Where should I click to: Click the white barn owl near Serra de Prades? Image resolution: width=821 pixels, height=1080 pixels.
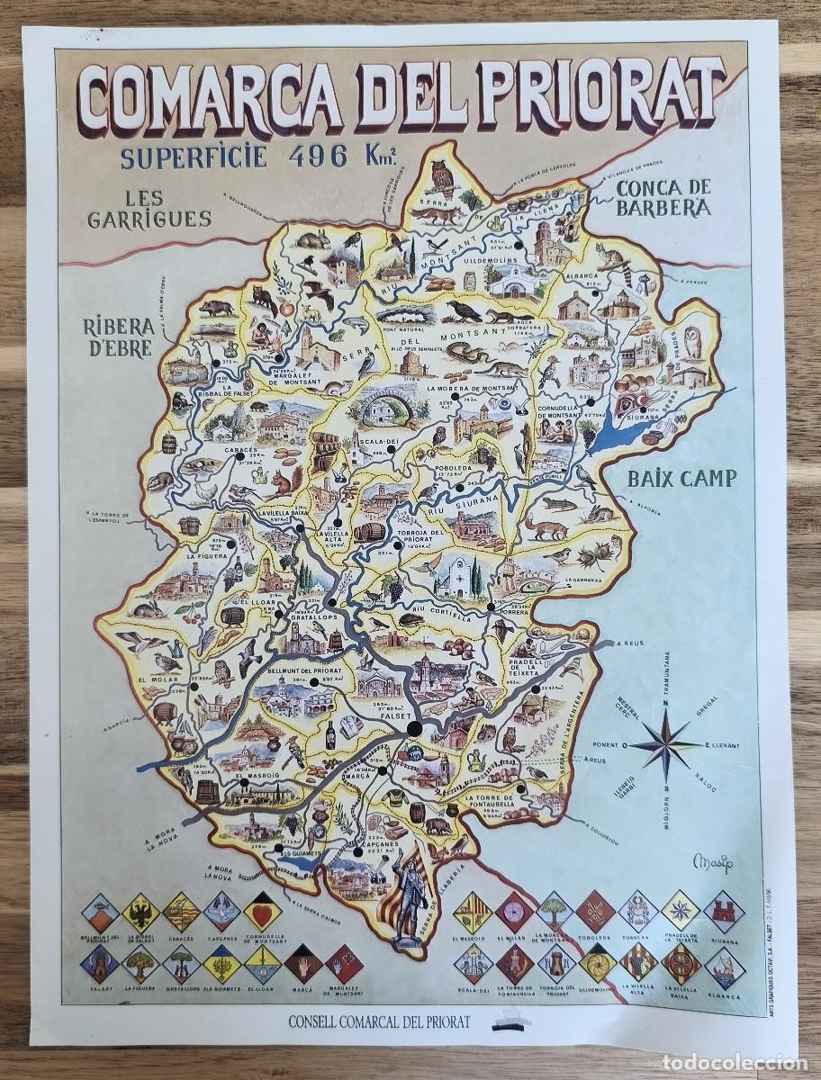point(693,342)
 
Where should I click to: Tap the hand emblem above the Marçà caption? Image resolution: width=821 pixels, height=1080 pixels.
point(302,965)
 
